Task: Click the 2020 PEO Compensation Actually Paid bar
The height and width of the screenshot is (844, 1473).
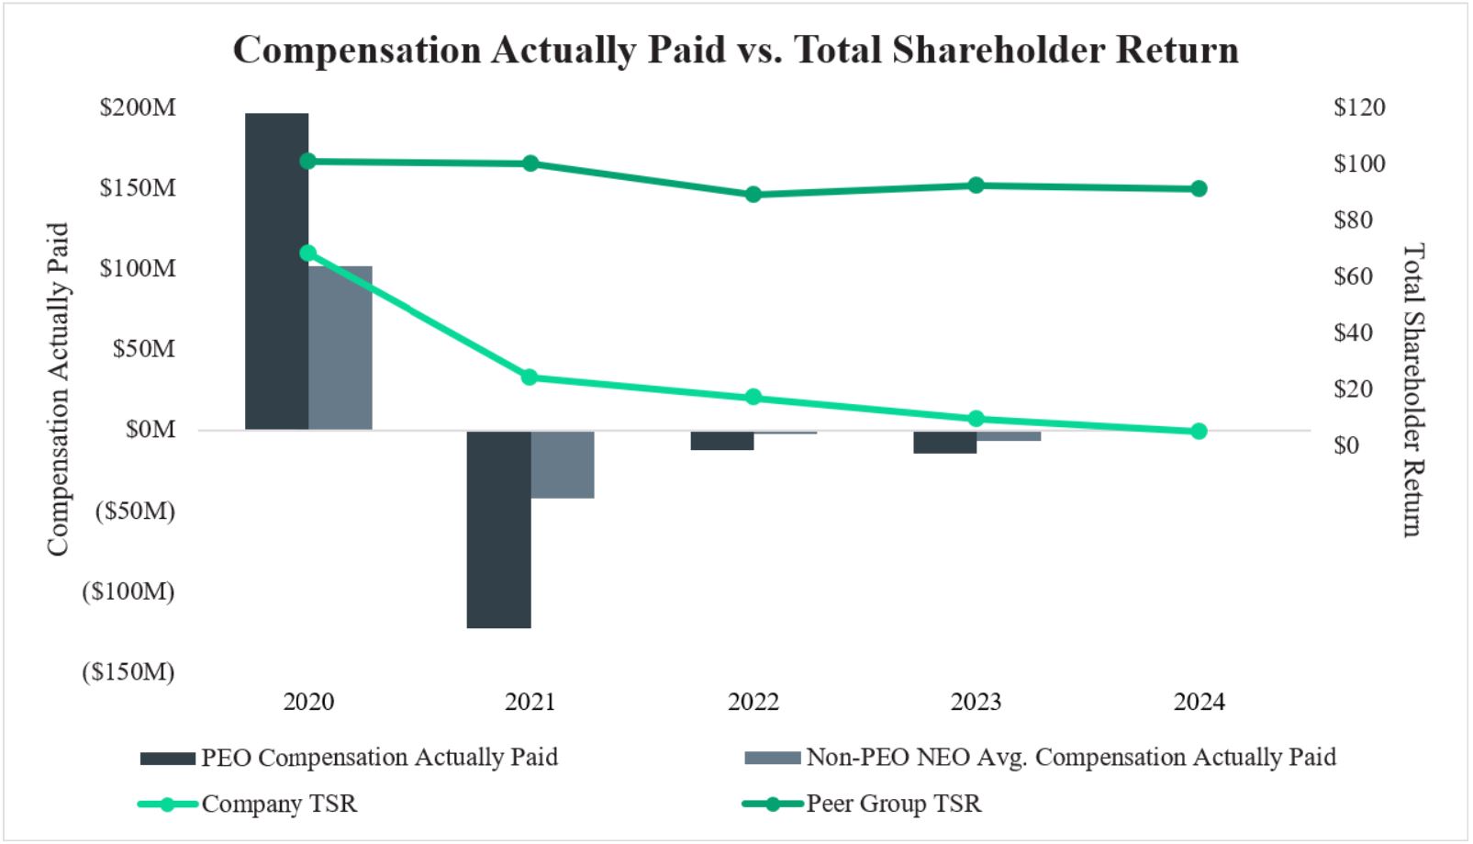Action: [276, 272]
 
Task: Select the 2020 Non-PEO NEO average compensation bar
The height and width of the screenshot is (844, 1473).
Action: [340, 348]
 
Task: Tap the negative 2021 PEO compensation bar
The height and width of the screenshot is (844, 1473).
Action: [498, 529]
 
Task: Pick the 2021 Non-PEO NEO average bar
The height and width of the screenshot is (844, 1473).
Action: [563, 465]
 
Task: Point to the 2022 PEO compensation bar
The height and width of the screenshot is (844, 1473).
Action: [722, 441]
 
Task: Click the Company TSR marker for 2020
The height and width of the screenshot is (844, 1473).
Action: [308, 253]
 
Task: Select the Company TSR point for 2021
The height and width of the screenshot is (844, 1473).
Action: [530, 377]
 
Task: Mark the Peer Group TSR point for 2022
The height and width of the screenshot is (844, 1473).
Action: [753, 195]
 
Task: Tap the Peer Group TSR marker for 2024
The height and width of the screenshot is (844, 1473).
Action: [1199, 189]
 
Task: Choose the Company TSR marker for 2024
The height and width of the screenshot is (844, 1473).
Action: [1199, 431]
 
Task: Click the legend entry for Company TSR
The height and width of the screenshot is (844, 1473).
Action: [278, 805]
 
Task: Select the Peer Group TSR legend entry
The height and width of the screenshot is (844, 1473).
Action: [893, 805]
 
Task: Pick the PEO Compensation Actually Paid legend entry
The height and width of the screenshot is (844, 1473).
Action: [378, 758]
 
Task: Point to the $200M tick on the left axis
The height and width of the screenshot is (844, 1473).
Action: [138, 107]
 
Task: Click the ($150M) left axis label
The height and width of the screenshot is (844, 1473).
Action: [128, 672]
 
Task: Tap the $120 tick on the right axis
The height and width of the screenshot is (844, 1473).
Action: [1359, 107]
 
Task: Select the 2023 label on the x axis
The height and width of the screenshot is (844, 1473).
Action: [976, 703]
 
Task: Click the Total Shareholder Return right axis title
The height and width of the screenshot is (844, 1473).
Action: [1413, 389]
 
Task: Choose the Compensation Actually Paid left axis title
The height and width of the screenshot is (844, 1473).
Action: [58, 389]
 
